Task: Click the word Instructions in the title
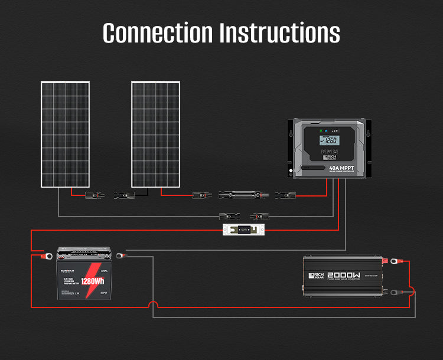point(279,33)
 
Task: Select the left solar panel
point(65,135)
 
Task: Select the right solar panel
point(155,135)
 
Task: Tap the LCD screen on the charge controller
point(328,141)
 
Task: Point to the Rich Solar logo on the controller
point(328,155)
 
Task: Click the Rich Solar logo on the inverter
point(319,277)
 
